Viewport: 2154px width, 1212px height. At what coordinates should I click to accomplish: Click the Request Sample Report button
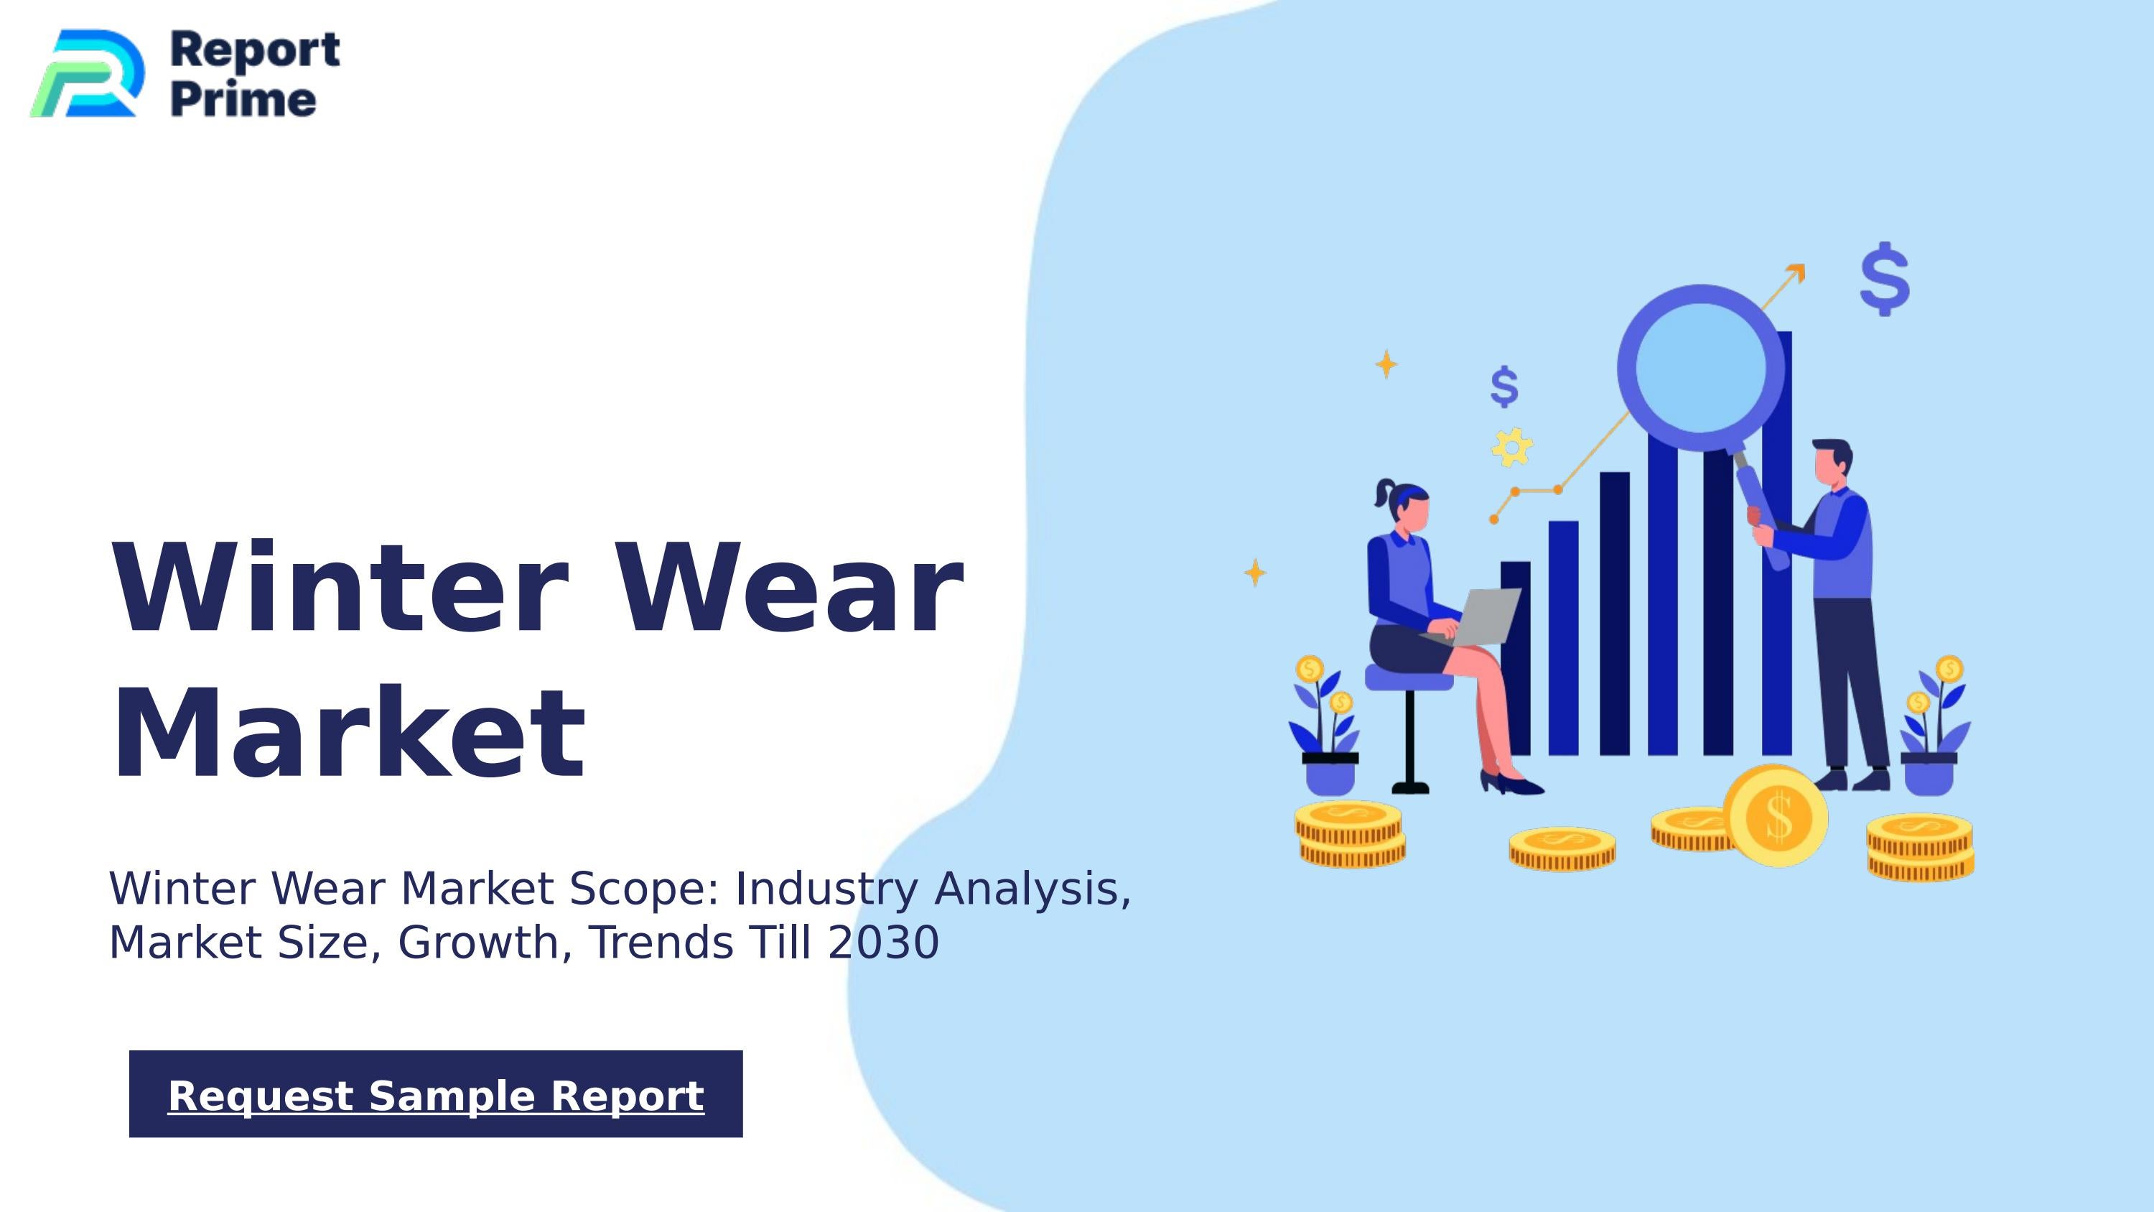[x=436, y=1094]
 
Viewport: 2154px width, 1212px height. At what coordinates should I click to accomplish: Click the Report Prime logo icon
[x=86, y=73]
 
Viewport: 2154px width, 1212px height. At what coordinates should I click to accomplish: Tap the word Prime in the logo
[x=243, y=100]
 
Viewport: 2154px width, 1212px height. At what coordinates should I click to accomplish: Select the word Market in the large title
[x=349, y=734]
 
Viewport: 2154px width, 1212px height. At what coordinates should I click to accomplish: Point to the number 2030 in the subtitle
[x=883, y=943]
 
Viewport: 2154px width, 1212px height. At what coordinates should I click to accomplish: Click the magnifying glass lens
[x=1700, y=367]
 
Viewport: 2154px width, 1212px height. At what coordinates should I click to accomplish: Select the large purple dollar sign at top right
[x=1885, y=279]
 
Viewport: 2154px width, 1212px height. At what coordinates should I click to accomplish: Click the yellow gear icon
[x=1512, y=448]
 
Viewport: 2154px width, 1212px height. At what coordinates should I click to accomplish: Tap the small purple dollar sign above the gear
[x=1504, y=387]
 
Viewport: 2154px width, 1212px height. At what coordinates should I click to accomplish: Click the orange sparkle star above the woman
[x=1386, y=364]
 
